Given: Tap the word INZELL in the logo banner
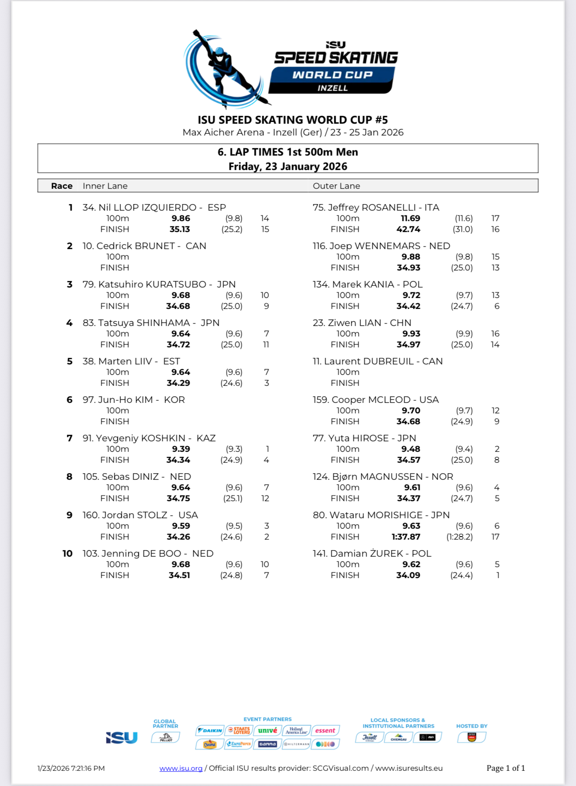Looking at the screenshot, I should tap(333, 88).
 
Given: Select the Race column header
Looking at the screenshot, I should tap(62, 186).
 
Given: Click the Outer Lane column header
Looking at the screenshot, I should tap(336, 186).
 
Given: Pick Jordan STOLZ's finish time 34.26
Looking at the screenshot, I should tap(178, 537).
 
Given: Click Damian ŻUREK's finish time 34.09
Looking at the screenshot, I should tap(408, 575).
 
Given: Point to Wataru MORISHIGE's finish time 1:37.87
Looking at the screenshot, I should tap(406, 537).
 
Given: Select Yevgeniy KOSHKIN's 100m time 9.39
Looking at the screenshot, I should tap(181, 449).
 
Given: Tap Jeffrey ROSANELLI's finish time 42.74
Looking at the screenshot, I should tap(408, 229).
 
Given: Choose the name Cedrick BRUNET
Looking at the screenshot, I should tap(136, 246).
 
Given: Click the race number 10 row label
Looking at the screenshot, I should tap(67, 553).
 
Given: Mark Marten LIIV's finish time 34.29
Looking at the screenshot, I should tap(178, 383).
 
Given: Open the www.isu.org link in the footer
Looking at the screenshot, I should tap(181, 768).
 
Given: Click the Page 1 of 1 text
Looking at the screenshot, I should tap(506, 768).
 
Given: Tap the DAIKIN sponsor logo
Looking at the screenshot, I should tap(210, 730).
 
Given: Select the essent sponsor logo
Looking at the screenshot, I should tap(325, 730).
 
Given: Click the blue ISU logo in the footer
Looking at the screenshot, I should tap(122, 738).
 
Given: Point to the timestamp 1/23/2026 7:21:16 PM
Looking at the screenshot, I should tap(71, 768).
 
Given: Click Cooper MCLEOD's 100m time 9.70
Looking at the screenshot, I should tap(411, 410).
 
